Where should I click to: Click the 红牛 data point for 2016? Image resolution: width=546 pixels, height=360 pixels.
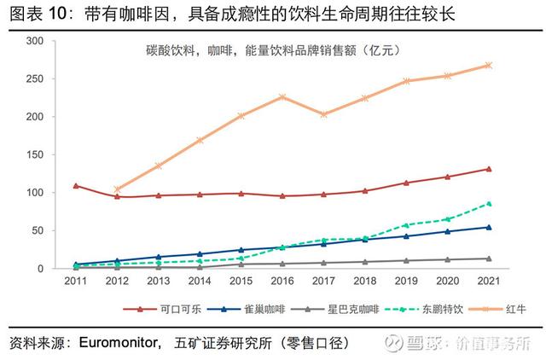282,97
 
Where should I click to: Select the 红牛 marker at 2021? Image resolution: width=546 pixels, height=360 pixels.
488,65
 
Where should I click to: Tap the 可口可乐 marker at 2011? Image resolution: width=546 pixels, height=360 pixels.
76,185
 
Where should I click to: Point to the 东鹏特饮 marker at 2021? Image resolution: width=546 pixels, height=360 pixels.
488,203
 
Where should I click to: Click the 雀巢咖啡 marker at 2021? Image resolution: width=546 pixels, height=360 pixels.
488,227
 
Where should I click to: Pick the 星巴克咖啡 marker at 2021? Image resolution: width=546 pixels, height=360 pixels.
488,258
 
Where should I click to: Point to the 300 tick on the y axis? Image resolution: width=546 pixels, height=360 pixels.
36,41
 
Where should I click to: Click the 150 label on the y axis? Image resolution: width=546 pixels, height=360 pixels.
36,154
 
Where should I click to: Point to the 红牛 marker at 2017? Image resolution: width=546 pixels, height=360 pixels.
323,114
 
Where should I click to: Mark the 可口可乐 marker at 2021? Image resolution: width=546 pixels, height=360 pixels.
488,169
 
